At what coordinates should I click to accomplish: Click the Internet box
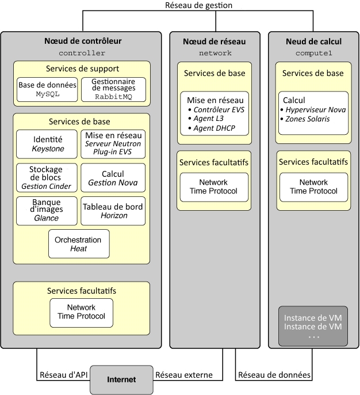coord(121,379)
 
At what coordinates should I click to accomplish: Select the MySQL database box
coord(47,90)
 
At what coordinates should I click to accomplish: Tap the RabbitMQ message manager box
coord(113,90)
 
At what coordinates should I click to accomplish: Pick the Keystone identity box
coord(47,144)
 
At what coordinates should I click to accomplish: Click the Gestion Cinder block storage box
coord(47,177)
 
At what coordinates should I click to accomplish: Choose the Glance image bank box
coord(47,211)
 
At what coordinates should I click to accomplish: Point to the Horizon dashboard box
coord(113,211)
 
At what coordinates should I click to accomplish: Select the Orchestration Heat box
coord(79,244)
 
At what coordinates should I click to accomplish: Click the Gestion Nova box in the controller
coord(113,177)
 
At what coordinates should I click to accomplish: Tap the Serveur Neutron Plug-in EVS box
coord(113,144)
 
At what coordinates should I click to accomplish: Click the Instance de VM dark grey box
coord(313,326)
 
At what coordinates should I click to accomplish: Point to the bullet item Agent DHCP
coord(212,128)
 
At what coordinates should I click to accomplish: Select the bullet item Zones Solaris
coord(305,119)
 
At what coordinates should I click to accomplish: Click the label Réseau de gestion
coord(199,5)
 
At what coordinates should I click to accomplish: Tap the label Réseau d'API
coord(64,375)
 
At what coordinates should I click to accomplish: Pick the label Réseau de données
coord(274,375)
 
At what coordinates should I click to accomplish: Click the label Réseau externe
coord(184,375)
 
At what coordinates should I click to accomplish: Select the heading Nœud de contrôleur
coord(83,41)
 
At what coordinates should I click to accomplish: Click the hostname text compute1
coord(314,53)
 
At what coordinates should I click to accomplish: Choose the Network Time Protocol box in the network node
coord(214,187)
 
